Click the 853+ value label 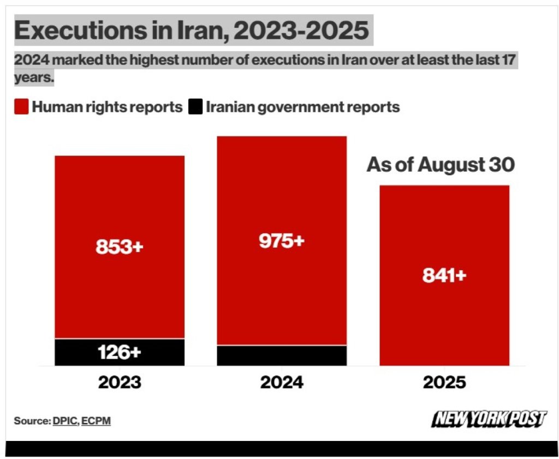(x=119, y=247)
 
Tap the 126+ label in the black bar (x=119, y=352)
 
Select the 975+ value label (x=281, y=241)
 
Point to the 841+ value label (x=444, y=276)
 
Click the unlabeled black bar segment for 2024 (x=282, y=355)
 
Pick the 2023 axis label (x=120, y=382)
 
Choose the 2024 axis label (x=282, y=382)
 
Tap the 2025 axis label (x=444, y=382)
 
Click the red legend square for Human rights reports (x=21, y=107)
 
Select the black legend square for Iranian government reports (x=195, y=107)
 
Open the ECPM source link (x=96, y=421)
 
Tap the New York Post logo (x=489, y=419)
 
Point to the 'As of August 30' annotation (x=441, y=165)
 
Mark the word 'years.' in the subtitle (x=34, y=78)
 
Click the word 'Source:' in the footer (x=32, y=421)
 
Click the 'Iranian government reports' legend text (x=303, y=107)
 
